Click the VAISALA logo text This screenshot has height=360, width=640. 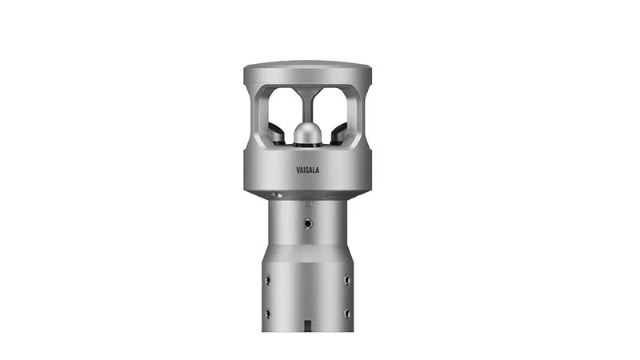[x=308, y=170]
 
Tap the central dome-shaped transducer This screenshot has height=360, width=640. [x=308, y=133]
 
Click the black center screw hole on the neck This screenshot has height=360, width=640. [x=308, y=224]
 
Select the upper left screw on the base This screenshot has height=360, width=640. [x=268, y=280]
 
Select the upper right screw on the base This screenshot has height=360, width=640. [x=347, y=280]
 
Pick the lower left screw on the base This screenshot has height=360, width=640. [x=268, y=314]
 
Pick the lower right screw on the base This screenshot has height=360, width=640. [x=347, y=314]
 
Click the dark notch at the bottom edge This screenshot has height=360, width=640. [x=308, y=326]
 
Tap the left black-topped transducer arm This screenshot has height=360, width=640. [x=276, y=134]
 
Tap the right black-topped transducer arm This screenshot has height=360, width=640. [x=339, y=134]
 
